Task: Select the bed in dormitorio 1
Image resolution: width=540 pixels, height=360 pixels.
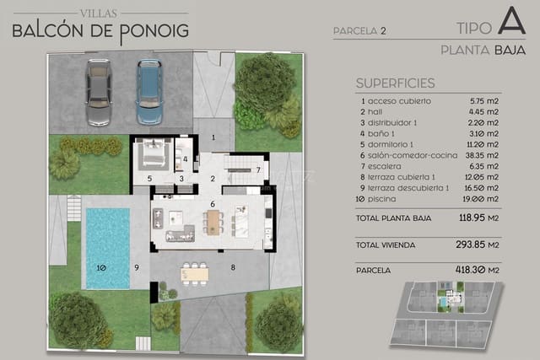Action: [156, 155]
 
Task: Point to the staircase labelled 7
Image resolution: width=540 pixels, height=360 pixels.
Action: [247, 169]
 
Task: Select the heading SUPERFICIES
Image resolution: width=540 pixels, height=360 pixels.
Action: [396, 83]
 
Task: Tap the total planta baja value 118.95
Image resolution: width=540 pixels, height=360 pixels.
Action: [488, 218]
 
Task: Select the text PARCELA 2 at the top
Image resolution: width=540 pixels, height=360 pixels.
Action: [359, 31]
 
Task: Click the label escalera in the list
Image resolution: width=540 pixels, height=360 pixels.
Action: [385, 167]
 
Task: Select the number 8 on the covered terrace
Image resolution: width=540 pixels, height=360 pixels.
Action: [233, 268]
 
